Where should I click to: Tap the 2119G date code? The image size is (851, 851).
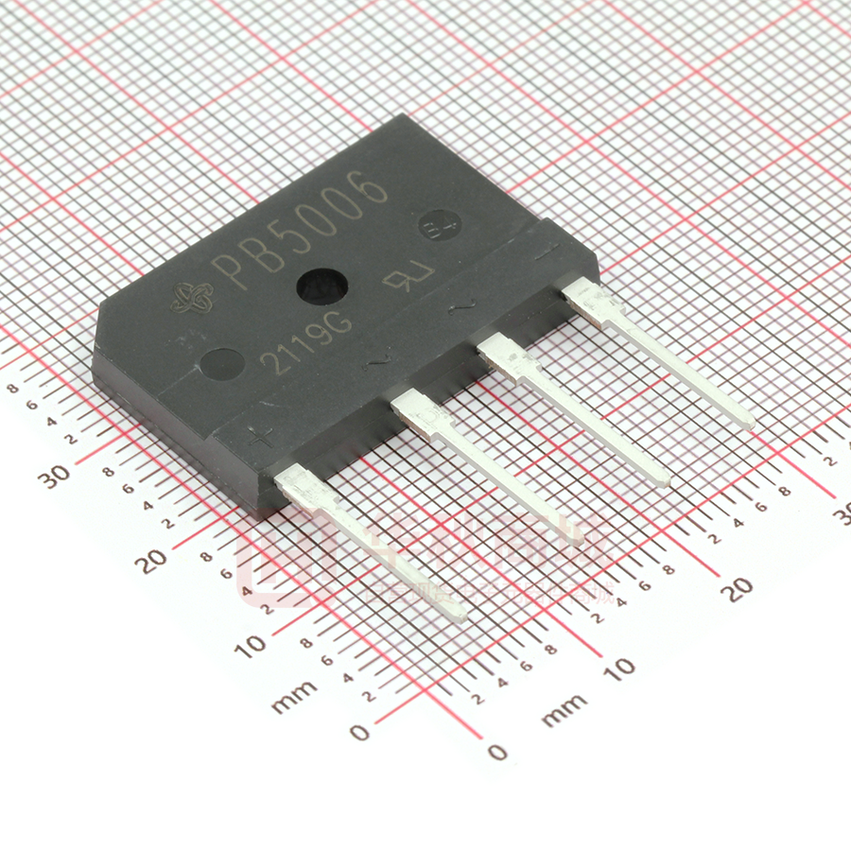click(x=307, y=339)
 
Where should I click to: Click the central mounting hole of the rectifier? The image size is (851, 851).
click(x=321, y=287)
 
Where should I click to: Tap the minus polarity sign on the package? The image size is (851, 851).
click(x=545, y=252)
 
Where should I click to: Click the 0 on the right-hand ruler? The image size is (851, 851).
click(x=498, y=752)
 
